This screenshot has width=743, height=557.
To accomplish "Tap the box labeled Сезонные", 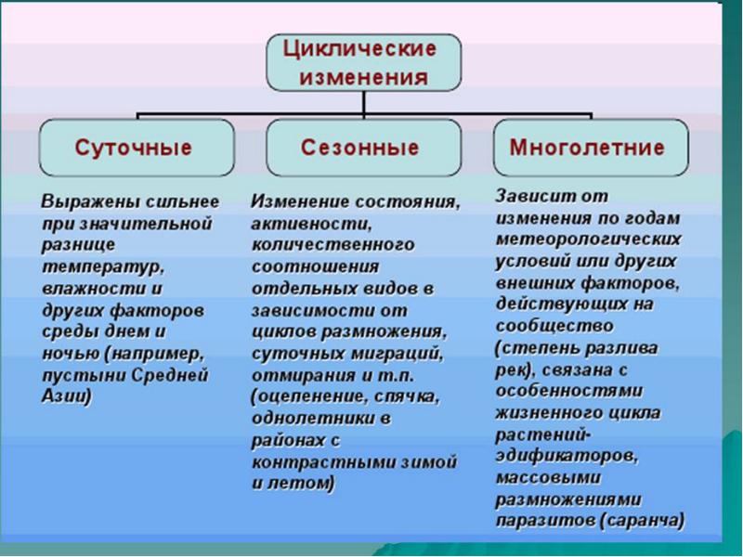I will (x=360, y=148).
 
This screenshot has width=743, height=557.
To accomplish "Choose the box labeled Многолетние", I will (x=588, y=148).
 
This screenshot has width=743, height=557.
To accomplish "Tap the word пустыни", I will (x=78, y=374).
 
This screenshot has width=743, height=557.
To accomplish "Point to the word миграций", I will (x=392, y=354).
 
